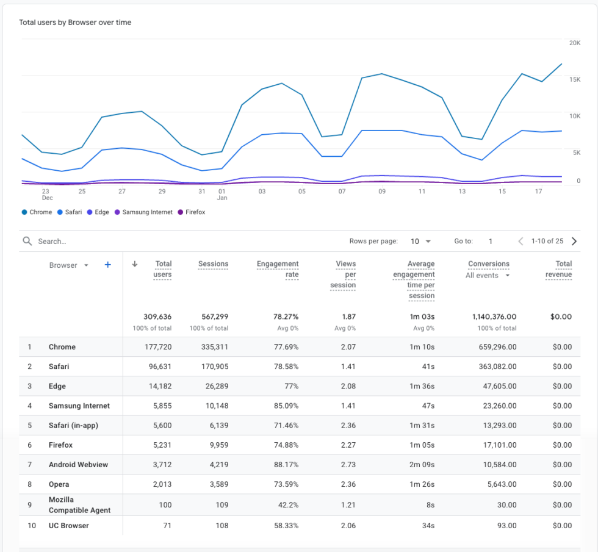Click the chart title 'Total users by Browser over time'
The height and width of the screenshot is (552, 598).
click(75, 23)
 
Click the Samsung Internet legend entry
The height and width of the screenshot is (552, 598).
click(143, 212)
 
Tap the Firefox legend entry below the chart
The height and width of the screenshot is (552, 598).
click(191, 212)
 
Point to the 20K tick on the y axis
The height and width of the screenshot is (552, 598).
click(574, 43)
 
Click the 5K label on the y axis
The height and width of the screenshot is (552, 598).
click(575, 152)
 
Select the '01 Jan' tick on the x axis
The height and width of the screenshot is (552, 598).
click(222, 195)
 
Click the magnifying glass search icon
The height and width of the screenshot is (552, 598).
click(27, 241)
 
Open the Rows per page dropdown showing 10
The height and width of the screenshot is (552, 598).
click(420, 242)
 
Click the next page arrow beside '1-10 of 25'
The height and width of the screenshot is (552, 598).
click(574, 242)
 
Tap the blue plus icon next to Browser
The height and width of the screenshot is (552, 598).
click(108, 265)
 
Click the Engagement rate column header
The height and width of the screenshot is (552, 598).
click(278, 269)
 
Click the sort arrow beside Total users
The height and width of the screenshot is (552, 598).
click(135, 264)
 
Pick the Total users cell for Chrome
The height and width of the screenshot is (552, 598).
click(157, 347)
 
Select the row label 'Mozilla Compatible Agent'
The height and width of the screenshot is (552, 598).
click(79, 505)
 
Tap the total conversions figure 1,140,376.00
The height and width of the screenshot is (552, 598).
click(494, 317)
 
